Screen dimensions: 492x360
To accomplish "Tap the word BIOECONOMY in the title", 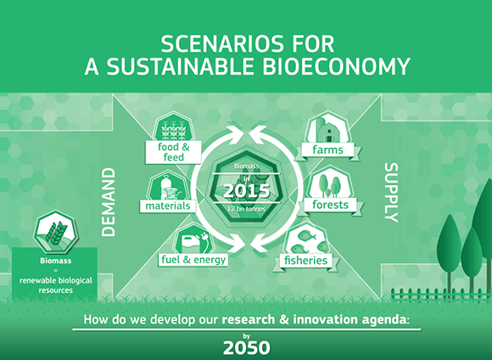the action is (336, 66).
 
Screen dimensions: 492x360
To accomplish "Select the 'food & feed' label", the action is (174, 152).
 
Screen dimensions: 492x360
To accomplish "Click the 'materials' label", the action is (168, 206).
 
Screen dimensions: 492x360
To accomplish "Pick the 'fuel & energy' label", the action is (193, 260).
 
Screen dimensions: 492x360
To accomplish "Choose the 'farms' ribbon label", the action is (328, 149).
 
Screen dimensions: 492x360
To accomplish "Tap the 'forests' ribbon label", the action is (331, 205).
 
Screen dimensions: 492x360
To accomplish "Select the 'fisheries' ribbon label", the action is (305, 261).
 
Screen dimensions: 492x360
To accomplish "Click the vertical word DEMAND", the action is (109, 202).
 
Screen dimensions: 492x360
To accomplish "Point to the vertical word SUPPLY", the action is (391, 193).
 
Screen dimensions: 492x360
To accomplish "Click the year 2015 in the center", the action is (246, 191).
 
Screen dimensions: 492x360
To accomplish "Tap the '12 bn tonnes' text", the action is (246, 209).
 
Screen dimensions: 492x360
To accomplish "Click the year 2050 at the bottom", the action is (246, 348).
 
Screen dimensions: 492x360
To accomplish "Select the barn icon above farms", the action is (327, 129).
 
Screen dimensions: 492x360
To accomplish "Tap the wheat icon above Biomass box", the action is (56, 232).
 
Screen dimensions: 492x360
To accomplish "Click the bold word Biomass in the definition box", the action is (55, 261).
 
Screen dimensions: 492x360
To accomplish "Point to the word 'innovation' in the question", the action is (325, 319).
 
